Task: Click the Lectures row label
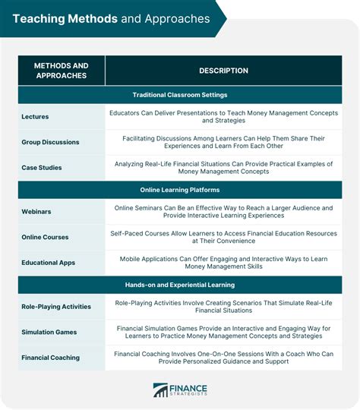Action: click(36, 115)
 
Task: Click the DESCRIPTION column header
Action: click(223, 71)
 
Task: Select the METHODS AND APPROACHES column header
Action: click(61, 71)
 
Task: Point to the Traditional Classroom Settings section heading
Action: click(180, 95)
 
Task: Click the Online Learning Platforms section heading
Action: click(180, 190)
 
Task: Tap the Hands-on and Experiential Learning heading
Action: click(180, 285)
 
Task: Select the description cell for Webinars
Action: click(223, 212)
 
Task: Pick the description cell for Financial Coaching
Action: click(223, 358)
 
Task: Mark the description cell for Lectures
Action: click(223, 115)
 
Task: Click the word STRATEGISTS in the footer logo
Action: click(190, 395)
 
